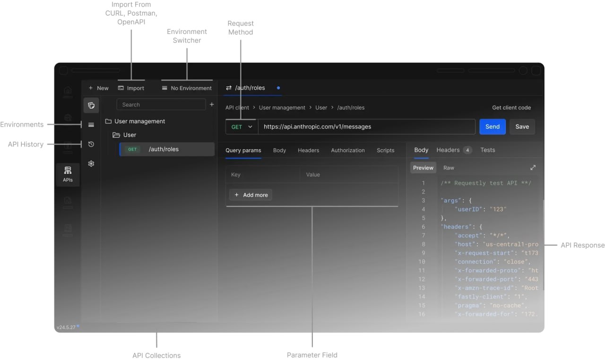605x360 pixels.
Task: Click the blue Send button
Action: pyautogui.click(x=492, y=127)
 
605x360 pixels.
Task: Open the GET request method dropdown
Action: pyautogui.click(x=242, y=127)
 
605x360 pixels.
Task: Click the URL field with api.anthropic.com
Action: pyautogui.click(x=366, y=127)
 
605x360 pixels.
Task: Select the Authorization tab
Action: pyautogui.click(x=347, y=150)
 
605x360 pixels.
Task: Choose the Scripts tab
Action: pyautogui.click(x=385, y=150)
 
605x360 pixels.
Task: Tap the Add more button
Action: pyautogui.click(x=251, y=195)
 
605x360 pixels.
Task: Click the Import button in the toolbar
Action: pyautogui.click(x=131, y=88)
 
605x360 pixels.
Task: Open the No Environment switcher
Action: pyautogui.click(x=187, y=88)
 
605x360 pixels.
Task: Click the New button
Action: pyautogui.click(x=98, y=88)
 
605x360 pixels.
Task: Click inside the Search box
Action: pyautogui.click(x=161, y=105)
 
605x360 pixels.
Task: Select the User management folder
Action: pyautogui.click(x=139, y=121)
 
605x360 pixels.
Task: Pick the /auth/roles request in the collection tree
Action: pyautogui.click(x=164, y=149)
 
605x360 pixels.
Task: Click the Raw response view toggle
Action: pyautogui.click(x=449, y=168)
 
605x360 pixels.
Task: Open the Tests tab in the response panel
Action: pyautogui.click(x=487, y=150)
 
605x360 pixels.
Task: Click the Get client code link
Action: pyautogui.click(x=511, y=108)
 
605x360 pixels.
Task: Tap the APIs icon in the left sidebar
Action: pyautogui.click(x=68, y=174)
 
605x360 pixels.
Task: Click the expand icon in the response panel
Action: pyautogui.click(x=533, y=168)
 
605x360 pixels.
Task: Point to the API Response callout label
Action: pyautogui.click(x=582, y=245)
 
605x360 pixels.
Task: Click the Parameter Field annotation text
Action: pyautogui.click(x=312, y=355)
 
